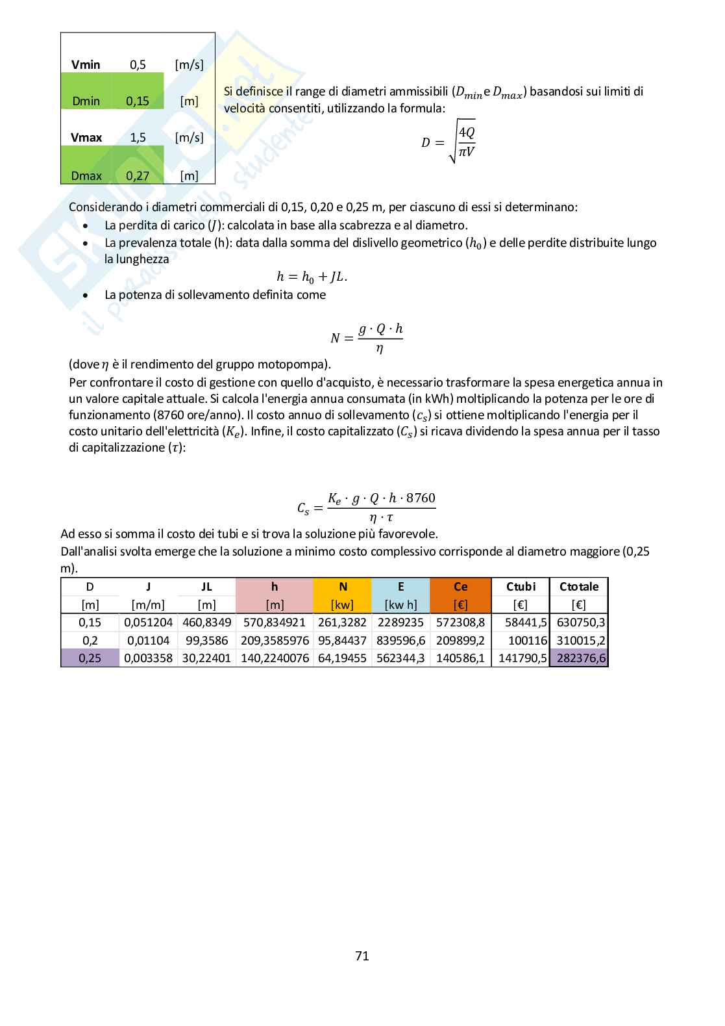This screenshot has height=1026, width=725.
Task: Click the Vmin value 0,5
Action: pos(138,64)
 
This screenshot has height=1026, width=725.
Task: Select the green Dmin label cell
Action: pos(86,101)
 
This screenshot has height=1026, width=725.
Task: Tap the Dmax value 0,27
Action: pos(138,175)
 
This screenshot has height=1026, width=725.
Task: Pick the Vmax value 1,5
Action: pos(138,137)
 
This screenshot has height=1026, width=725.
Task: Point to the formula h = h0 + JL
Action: pos(312,276)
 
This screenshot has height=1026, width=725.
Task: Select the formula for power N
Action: pos(367,338)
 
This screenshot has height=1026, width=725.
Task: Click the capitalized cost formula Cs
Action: pos(367,507)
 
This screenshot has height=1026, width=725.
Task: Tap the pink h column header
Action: pos(275,587)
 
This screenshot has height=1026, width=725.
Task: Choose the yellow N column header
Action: pos(343,587)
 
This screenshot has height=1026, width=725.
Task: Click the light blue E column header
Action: pos(400,587)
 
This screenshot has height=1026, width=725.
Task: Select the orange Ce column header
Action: pos(460,587)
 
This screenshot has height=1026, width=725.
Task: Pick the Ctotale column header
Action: pos(579,587)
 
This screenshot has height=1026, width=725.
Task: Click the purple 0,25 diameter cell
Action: pos(90,658)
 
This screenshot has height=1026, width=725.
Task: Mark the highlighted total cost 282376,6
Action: pos(579,658)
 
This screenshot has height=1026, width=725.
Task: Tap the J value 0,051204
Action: pos(148,622)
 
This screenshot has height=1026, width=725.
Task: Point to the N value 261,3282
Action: pos(343,622)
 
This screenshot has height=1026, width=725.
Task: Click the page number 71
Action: pos(362,956)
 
